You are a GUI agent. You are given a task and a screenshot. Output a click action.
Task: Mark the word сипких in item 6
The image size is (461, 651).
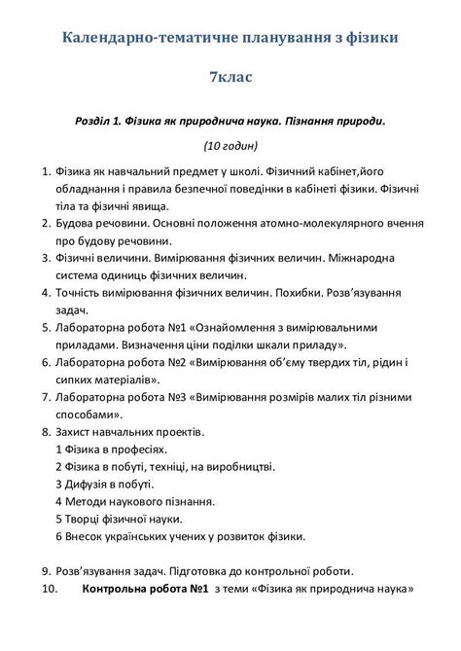[74, 379]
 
